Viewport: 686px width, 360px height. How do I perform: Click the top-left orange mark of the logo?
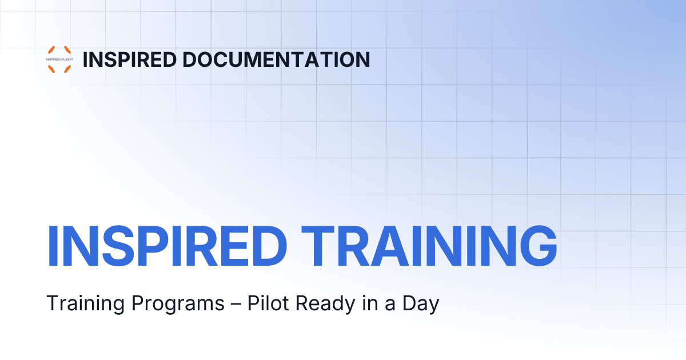tap(51, 50)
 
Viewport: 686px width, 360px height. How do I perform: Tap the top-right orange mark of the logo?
tap(67, 50)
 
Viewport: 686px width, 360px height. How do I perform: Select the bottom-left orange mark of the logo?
tap(51, 69)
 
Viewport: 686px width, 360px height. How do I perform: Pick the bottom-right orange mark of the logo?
tap(67, 69)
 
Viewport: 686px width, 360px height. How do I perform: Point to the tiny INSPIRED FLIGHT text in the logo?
tap(59, 59)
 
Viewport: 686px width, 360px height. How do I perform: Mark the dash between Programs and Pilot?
tap(236, 304)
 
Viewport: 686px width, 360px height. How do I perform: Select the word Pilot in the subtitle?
tap(266, 303)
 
